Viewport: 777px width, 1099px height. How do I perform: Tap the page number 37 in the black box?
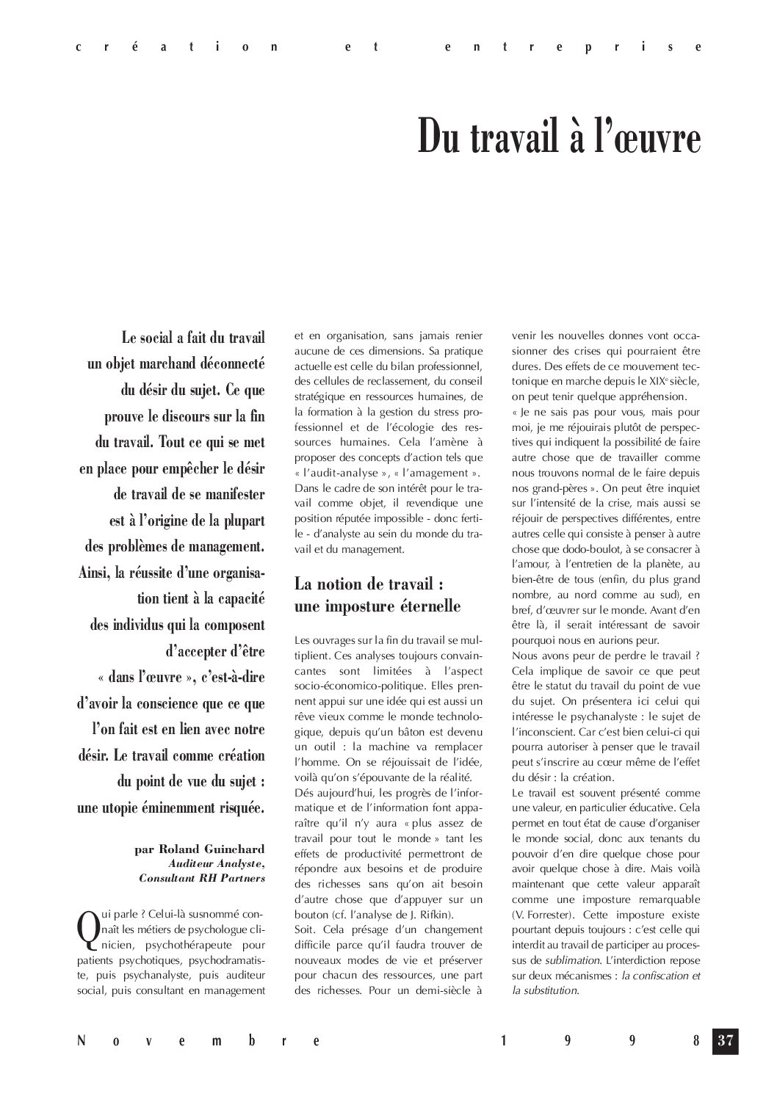726,1040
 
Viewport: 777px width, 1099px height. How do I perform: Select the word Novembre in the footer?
199,1041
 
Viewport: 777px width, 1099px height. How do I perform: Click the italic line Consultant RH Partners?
202,877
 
